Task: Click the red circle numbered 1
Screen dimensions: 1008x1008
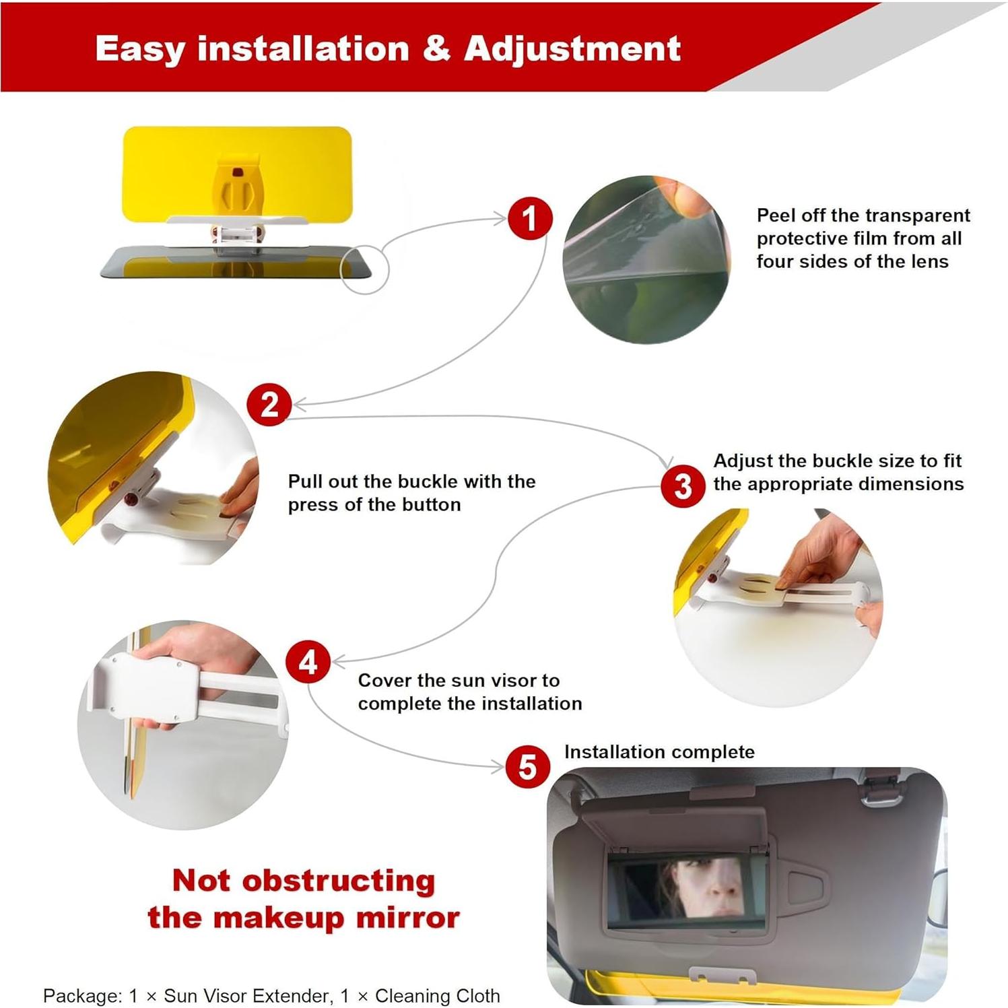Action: click(530, 218)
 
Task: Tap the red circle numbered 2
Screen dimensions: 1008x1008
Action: click(269, 404)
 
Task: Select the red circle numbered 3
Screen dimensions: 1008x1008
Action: click(682, 485)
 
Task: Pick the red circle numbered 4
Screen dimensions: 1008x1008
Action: click(308, 662)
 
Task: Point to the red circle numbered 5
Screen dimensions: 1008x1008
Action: click(527, 767)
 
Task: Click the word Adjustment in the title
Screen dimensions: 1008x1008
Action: click(572, 48)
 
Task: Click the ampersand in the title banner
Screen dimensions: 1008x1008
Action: click(436, 48)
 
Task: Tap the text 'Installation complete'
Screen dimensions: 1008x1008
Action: click(659, 751)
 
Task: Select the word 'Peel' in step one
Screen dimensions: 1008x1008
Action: click(776, 215)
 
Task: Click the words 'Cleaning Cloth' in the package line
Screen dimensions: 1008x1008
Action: click(437, 995)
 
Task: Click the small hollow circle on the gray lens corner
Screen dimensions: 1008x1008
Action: click(364, 269)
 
